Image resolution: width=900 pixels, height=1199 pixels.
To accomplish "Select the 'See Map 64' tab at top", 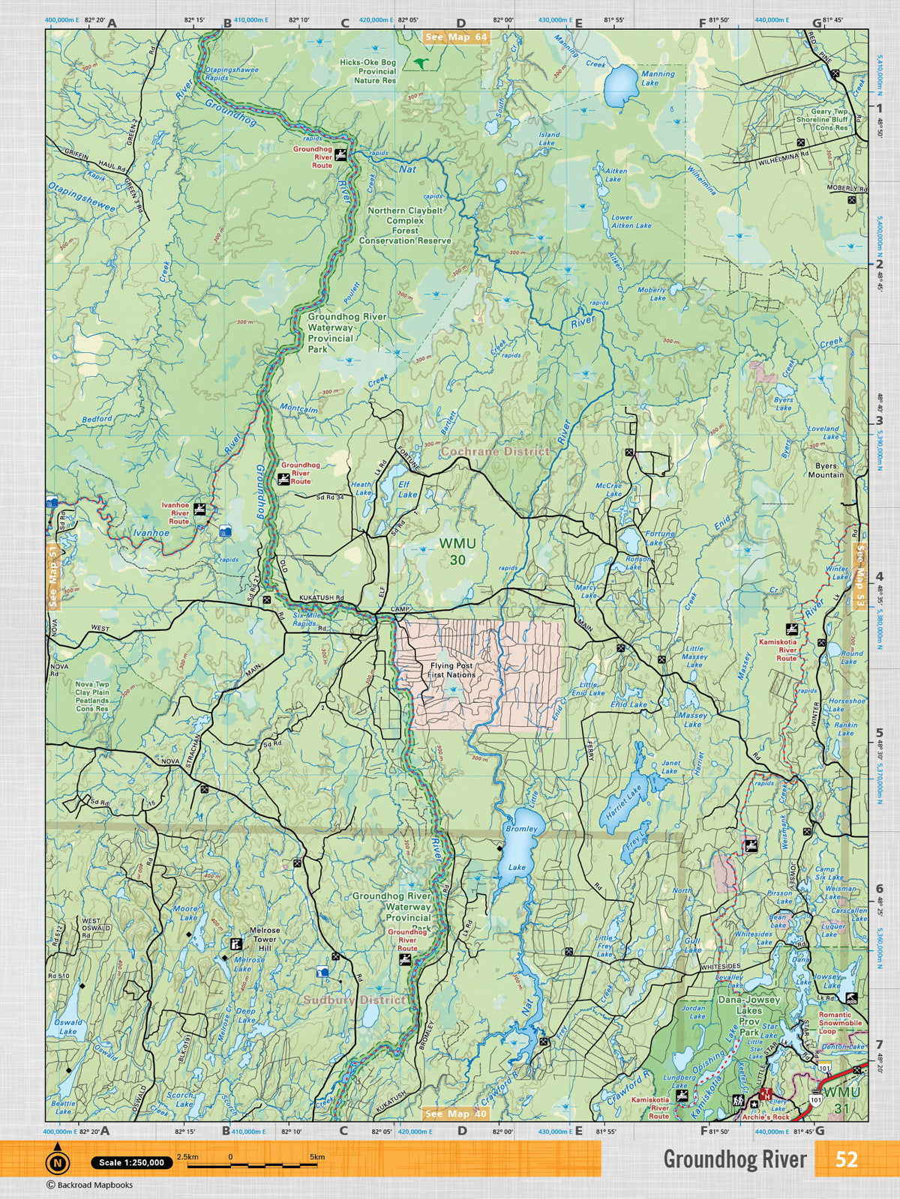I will (455, 37).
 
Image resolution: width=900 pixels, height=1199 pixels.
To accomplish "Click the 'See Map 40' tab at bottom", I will (455, 1114).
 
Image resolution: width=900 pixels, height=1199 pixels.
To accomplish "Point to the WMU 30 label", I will (452, 550).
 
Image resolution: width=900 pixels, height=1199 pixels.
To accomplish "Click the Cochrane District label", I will (494, 452).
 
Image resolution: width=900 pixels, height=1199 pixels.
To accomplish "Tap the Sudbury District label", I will (354, 1000).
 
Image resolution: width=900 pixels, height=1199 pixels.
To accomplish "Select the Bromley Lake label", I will (520, 848).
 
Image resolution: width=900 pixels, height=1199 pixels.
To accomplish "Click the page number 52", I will (846, 1159).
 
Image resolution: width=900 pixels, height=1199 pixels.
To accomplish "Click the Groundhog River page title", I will (734, 1159).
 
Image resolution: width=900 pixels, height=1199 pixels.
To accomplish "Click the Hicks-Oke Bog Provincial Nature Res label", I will (367, 71).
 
